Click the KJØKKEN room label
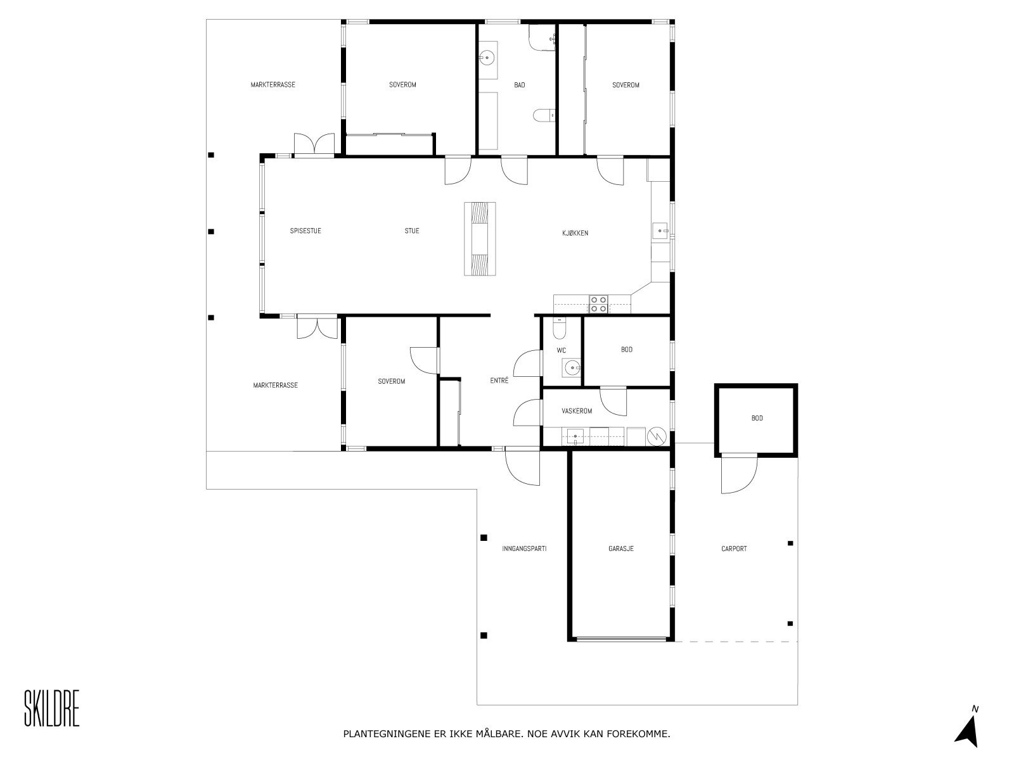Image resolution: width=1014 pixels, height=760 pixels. coord(575,233)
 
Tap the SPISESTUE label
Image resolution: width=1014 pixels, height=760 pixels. coord(305,231)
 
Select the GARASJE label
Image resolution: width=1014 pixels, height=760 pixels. coord(620,548)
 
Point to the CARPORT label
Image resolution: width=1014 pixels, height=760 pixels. coord(734,548)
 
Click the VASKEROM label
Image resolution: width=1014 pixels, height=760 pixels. coord(576,411)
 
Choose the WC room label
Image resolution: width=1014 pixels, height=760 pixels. coord(561,350)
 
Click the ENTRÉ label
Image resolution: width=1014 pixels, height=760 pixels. coord(499,380)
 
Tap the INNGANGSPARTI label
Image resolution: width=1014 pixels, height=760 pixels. coord(523,548)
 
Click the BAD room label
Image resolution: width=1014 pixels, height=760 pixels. coord(519,85)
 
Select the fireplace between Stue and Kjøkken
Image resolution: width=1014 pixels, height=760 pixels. coord(480,238)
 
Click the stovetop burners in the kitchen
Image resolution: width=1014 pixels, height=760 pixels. coord(598,304)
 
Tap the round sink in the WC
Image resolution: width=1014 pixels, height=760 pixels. coord(572,367)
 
